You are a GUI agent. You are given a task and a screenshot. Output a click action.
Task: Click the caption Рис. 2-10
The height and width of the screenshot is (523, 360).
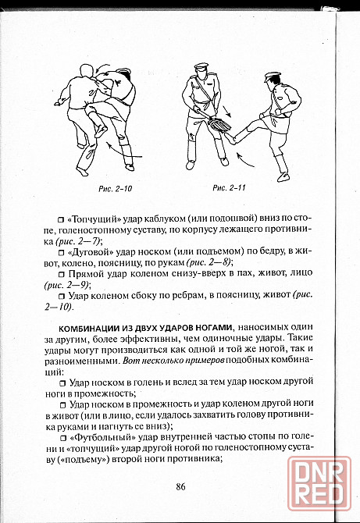pos(116,189)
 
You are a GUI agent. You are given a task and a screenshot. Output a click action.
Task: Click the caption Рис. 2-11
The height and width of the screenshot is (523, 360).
pos(230,188)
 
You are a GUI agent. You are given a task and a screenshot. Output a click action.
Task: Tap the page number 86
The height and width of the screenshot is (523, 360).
pos(180,486)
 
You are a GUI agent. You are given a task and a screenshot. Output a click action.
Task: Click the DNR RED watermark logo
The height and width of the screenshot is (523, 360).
pos(319,483)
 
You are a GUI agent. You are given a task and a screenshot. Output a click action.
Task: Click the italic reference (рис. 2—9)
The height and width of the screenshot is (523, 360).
pos(67,285)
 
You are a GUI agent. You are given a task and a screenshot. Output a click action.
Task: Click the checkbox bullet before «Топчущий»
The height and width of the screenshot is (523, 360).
pos(61,220)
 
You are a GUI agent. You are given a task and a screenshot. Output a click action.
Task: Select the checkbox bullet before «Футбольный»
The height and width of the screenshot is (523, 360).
pos(62,437)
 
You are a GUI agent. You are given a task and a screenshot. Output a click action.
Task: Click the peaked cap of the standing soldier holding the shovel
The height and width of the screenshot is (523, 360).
pos(201,66)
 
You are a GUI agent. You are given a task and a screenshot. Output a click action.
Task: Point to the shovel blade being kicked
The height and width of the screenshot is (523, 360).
pos(219,126)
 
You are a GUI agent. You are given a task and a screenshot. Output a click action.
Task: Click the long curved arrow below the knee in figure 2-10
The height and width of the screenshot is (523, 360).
pos(123,151)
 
